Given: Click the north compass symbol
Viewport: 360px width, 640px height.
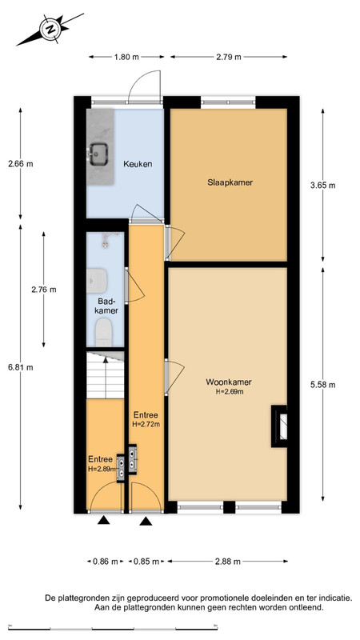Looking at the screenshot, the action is pyautogui.click(x=50, y=29).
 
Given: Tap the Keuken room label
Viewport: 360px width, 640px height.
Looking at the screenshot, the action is pyautogui.click(x=138, y=165).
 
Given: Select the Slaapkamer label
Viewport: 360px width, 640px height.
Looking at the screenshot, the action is pyautogui.click(x=230, y=182).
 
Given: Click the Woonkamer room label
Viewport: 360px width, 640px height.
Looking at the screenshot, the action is pyautogui.click(x=228, y=382).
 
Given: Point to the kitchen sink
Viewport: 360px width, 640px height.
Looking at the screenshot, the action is pyautogui.click(x=98, y=154).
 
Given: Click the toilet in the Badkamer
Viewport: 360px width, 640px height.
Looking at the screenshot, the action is pyautogui.click(x=103, y=332).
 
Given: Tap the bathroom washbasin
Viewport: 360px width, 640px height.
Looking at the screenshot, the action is pyautogui.click(x=96, y=281).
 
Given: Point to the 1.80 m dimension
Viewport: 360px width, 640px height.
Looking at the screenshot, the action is pyautogui.click(x=126, y=57).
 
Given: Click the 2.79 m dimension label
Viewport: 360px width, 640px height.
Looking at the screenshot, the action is pyautogui.click(x=229, y=57).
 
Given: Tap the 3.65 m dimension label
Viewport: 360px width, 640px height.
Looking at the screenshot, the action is pyautogui.click(x=323, y=186).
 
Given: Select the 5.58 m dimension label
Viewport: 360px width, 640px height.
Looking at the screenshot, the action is pyautogui.click(x=323, y=385).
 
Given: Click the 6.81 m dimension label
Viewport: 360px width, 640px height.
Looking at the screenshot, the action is pyautogui.click(x=21, y=367).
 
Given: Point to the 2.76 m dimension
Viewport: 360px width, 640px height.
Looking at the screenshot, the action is pyautogui.click(x=44, y=290).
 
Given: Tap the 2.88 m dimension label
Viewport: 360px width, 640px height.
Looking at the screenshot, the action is pyautogui.click(x=228, y=562).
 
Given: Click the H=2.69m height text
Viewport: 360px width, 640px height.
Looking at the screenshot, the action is pyautogui.click(x=230, y=392).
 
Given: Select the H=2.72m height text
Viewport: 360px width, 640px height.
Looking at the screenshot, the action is pyautogui.click(x=146, y=424).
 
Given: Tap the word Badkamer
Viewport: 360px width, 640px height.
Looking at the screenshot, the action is pyautogui.click(x=108, y=306).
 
